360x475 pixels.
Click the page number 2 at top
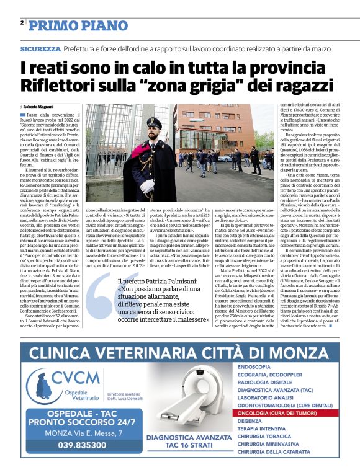pyautogui.click(x=22, y=22)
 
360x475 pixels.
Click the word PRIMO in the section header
pyautogui.click(x=49, y=25)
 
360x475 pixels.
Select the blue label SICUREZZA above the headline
pyautogui.click(x=40, y=48)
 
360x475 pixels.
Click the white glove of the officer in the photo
pyautogui.click(x=147, y=185)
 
